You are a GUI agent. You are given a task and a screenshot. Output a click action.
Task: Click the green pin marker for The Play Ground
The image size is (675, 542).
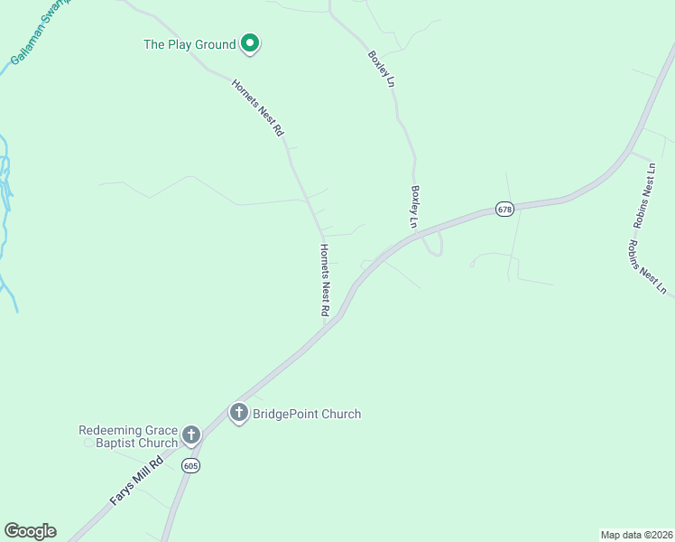[250, 42]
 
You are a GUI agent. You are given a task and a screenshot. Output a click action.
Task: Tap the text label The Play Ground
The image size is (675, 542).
[190, 43]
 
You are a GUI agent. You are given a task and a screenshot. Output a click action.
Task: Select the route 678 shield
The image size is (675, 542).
[504, 210]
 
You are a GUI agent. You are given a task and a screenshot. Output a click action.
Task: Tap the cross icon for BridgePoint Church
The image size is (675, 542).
[239, 414]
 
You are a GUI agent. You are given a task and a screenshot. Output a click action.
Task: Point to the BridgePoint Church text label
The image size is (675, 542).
[306, 415]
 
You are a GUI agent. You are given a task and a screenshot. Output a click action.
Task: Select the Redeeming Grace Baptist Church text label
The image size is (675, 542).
[128, 436]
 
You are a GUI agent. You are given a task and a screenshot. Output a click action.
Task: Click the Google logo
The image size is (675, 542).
[30, 531]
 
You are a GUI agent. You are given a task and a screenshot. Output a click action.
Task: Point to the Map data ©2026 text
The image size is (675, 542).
[635, 535]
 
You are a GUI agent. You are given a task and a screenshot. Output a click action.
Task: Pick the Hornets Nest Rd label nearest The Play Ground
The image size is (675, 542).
[258, 107]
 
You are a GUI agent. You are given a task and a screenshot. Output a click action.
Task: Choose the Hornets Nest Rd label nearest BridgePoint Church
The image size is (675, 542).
[324, 279]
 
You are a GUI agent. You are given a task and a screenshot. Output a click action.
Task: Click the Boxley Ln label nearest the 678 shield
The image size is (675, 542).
[416, 207]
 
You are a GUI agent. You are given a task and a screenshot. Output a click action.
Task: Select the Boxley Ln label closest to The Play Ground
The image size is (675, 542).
[382, 69]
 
